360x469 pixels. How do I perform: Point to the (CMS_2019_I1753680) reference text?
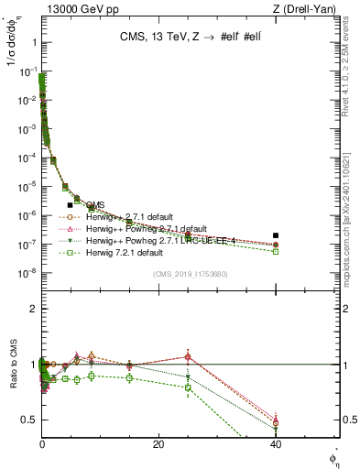[190, 274]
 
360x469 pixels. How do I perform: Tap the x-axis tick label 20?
[158, 444]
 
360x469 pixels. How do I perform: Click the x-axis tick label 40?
[276, 444]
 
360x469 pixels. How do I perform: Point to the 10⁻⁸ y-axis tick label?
[26, 273]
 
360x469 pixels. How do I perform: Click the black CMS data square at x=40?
[276, 235]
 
